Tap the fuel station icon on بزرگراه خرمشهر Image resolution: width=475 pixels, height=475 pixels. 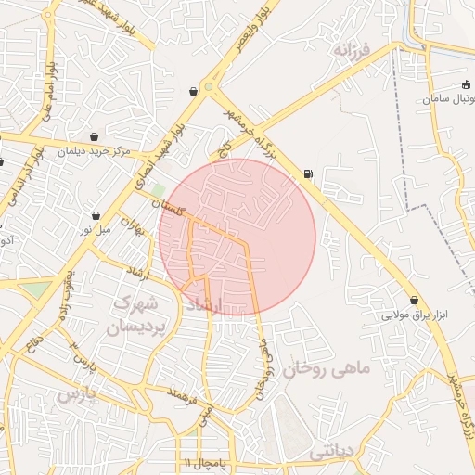(x=308, y=173)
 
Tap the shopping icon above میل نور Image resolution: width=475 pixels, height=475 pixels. (x=96, y=215)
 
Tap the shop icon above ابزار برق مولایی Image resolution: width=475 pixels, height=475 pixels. (x=414, y=301)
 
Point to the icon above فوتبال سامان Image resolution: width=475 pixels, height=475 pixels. (x=466, y=85)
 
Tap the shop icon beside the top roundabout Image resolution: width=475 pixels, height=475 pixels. (x=193, y=91)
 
